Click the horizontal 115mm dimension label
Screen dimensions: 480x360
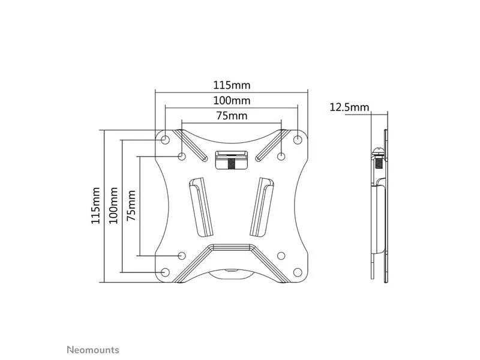232,85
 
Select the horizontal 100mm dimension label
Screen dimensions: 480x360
232,100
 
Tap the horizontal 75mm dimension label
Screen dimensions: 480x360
232,116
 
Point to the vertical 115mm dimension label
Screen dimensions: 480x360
95,205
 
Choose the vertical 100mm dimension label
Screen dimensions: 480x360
113,205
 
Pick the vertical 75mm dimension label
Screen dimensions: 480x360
131,205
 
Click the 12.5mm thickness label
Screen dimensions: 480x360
349,107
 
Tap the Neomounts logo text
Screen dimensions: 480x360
93,350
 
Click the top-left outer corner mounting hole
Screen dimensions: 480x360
165,140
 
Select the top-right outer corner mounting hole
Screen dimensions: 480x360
298,140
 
